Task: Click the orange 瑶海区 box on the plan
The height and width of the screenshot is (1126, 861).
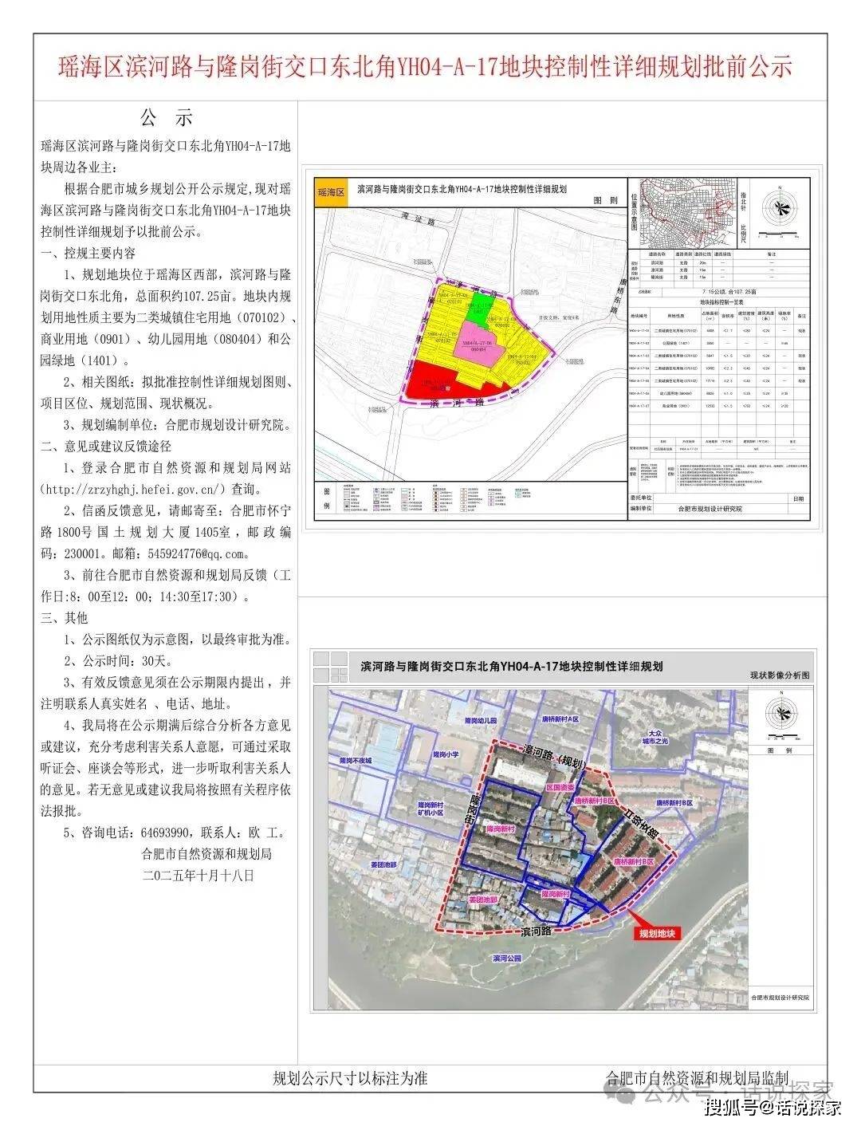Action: [x=330, y=193]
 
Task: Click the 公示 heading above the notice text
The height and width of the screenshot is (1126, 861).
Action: [x=167, y=119]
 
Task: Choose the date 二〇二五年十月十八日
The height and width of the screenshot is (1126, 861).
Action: [x=198, y=875]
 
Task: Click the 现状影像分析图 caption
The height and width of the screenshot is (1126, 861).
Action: [x=779, y=675]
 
